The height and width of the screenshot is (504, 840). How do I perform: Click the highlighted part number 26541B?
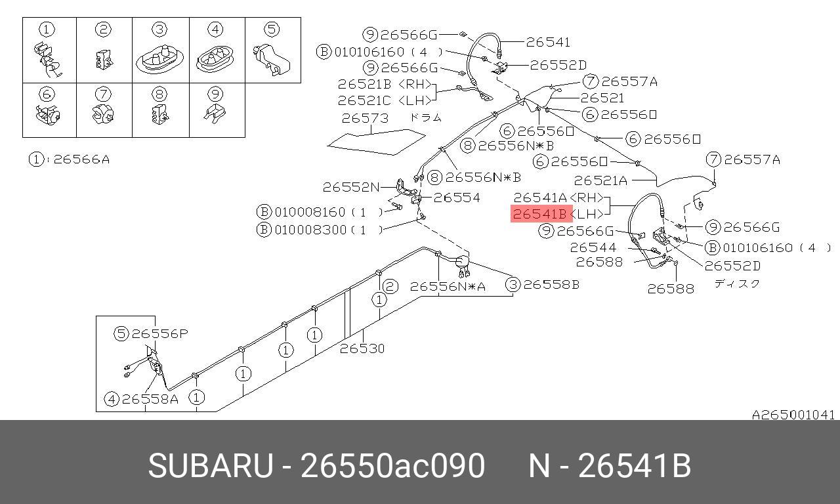[x=539, y=214]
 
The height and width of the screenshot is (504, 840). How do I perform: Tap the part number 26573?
[x=365, y=119]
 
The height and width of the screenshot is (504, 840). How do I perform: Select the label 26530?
[x=362, y=348]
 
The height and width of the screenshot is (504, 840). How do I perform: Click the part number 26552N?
[x=351, y=187]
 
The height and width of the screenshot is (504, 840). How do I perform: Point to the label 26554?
[x=456, y=198]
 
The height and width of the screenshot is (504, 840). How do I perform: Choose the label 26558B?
[x=551, y=285]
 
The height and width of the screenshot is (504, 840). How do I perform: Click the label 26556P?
[x=159, y=333]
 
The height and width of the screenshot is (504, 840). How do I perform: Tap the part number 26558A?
[x=150, y=399]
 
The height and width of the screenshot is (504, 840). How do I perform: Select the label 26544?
[x=593, y=247]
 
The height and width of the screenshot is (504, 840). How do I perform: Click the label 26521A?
[x=600, y=180]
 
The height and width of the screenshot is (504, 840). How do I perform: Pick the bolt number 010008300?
[x=310, y=230]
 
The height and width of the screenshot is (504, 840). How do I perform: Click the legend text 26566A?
[x=81, y=159]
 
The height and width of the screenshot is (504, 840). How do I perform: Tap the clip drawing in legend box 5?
[x=272, y=60]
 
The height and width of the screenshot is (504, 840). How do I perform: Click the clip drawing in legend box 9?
[x=215, y=113]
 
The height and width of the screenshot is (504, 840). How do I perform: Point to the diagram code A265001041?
[x=793, y=415]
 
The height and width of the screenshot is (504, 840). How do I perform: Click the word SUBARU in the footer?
[x=211, y=466]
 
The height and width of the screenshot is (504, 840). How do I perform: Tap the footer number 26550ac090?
[x=392, y=466]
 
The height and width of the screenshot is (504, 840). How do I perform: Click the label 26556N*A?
[x=448, y=287]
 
